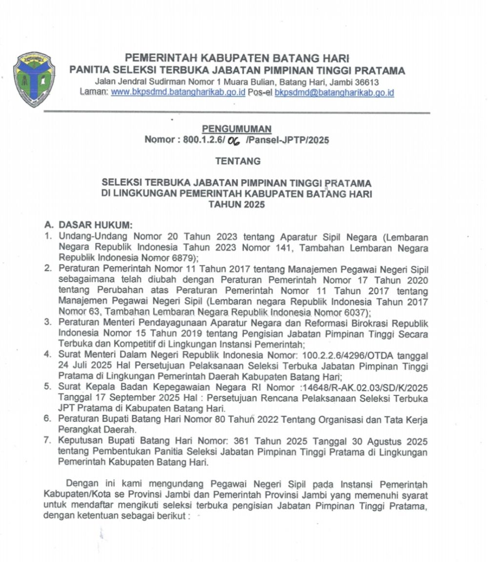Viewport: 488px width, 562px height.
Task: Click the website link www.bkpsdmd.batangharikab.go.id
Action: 178,92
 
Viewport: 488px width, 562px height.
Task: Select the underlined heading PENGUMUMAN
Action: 237,129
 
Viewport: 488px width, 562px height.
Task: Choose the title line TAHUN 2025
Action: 237,205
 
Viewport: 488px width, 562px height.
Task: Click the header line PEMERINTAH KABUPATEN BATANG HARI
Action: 237,58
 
